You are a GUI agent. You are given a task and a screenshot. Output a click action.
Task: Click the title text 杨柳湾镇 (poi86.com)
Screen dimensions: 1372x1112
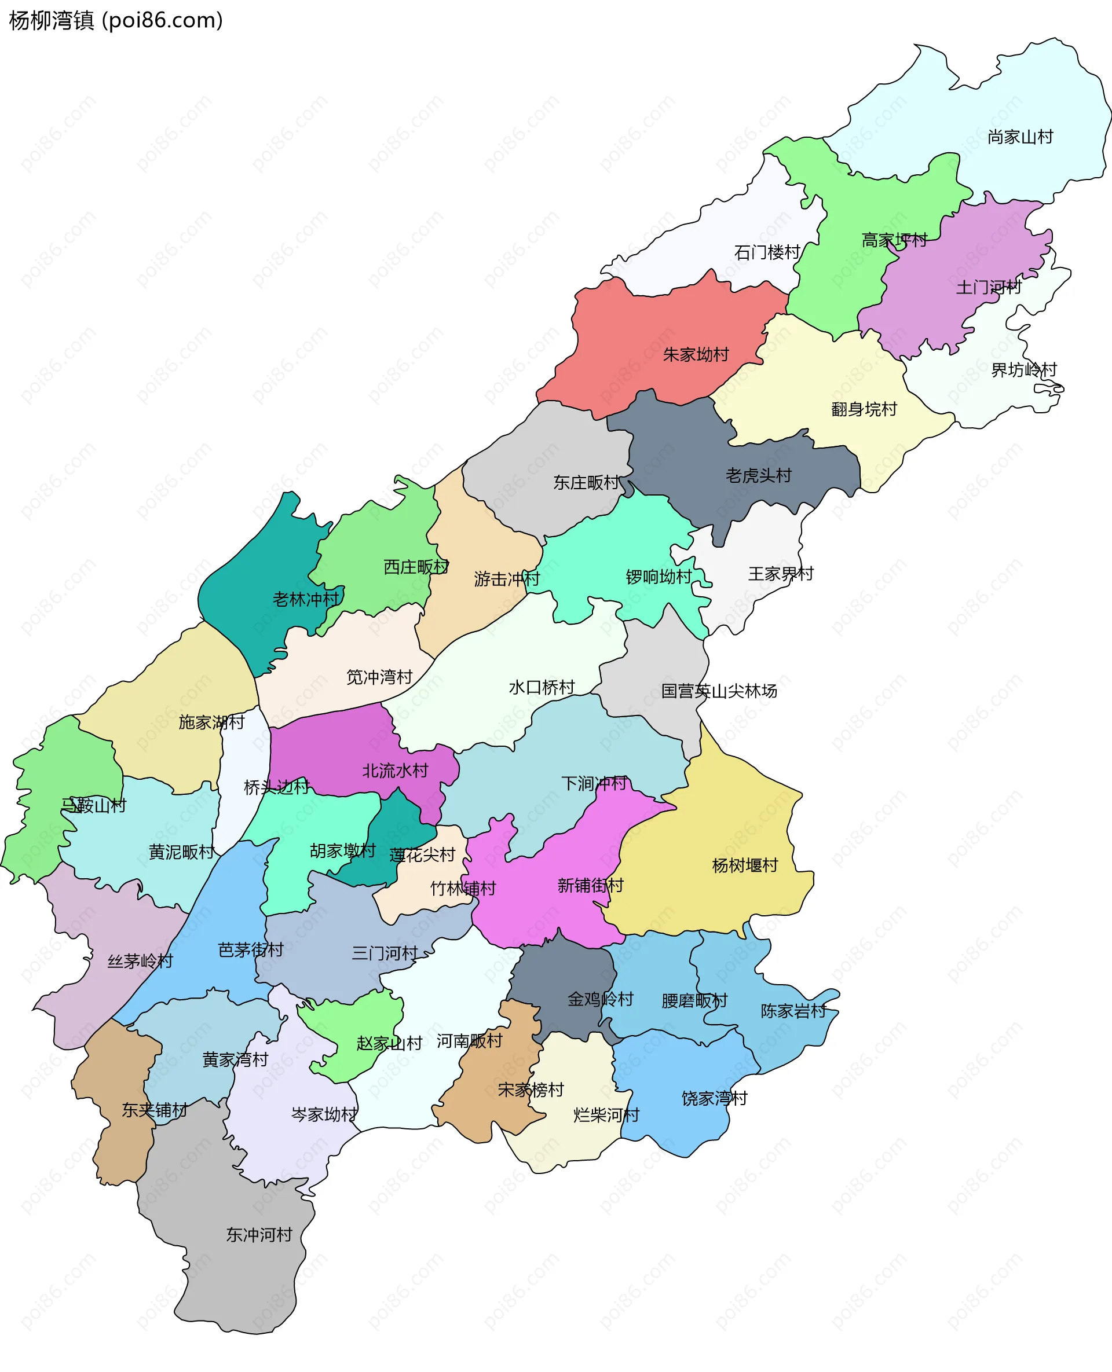coord(115,20)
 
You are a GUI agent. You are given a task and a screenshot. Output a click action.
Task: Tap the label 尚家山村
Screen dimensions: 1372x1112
coord(1020,137)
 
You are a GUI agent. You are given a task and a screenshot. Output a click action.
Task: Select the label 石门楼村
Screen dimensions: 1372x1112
coord(767,252)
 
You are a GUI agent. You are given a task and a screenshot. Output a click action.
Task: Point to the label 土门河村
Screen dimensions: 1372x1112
coord(989,288)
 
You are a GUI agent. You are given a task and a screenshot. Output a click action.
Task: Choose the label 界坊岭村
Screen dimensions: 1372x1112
coord(1023,370)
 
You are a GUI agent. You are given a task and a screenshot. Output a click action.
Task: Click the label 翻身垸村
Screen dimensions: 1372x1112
coord(864,409)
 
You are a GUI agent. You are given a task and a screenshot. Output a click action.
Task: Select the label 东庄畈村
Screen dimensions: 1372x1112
coord(586,483)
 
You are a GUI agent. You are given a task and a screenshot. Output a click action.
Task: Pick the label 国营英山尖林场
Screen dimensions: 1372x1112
coord(719,691)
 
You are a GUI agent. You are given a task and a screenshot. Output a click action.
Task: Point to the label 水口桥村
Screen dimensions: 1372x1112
coord(542,688)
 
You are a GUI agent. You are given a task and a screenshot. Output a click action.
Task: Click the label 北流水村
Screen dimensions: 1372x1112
coord(394,771)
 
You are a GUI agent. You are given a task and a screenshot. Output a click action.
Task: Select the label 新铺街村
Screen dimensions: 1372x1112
coord(590,885)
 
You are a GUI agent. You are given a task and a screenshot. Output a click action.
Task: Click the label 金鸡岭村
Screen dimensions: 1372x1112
coord(599,999)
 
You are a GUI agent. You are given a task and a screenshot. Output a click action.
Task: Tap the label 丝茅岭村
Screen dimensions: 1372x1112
coord(140,961)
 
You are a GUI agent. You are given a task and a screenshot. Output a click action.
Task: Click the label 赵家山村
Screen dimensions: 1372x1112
coord(389,1043)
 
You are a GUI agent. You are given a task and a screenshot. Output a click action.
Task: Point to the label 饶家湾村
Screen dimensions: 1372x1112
coord(714,1099)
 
